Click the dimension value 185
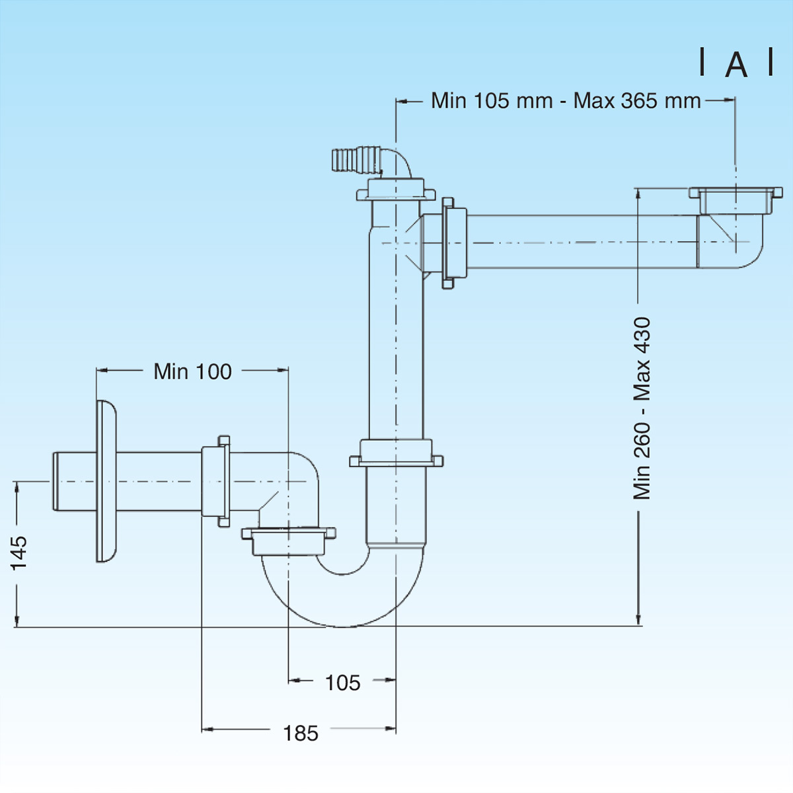point(301,733)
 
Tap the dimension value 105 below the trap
point(342,683)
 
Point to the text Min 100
point(192,371)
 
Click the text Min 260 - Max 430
point(642,408)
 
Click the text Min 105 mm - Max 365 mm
point(566,100)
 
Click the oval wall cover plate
point(106,482)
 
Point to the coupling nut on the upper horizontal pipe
point(454,243)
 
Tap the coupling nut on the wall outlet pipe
point(215,480)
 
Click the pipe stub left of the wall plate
point(73,481)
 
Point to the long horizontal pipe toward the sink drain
point(582,242)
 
